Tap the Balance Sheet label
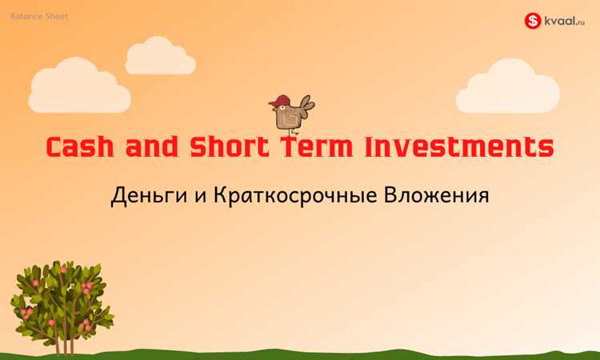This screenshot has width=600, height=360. pyautogui.click(x=40, y=15)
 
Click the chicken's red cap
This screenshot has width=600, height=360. pyautogui.click(x=281, y=101)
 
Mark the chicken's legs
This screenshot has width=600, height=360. pyautogui.click(x=292, y=131)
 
